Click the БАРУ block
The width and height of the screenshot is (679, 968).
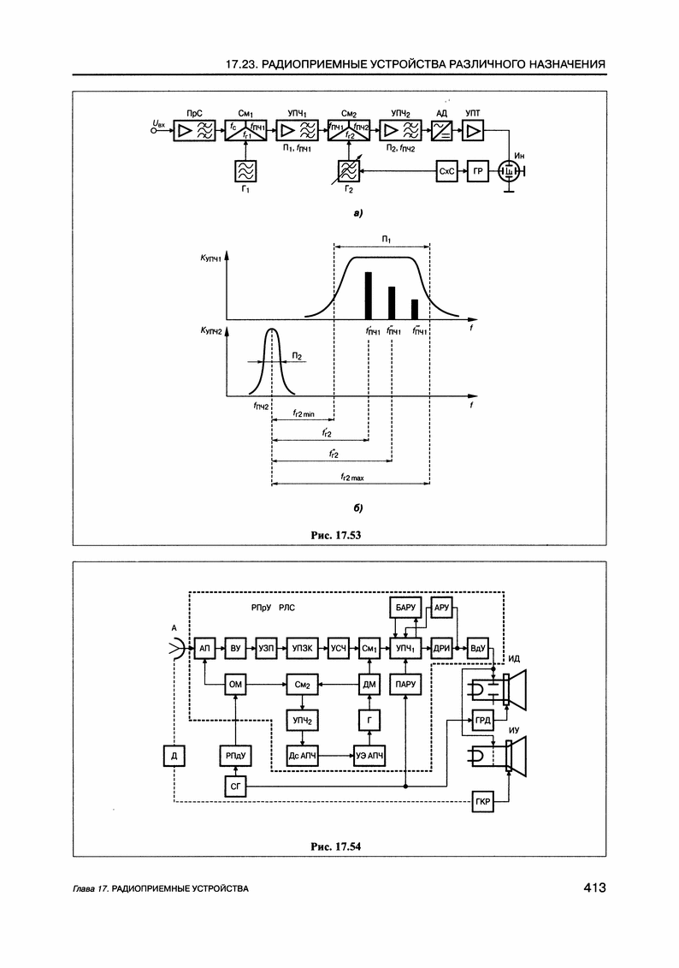[x=404, y=607]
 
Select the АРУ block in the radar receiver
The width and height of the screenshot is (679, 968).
[x=442, y=607]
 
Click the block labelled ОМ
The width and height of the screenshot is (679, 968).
[x=236, y=685]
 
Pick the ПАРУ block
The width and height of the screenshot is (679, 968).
[x=404, y=685]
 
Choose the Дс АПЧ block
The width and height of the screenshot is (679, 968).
[x=302, y=756]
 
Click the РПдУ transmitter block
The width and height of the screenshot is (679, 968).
[x=236, y=756]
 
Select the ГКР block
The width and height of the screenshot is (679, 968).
[x=482, y=803]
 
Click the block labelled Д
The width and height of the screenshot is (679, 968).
[x=174, y=756]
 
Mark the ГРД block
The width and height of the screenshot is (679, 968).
[x=482, y=721]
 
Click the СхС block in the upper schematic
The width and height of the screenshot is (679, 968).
[x=447, y=171]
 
